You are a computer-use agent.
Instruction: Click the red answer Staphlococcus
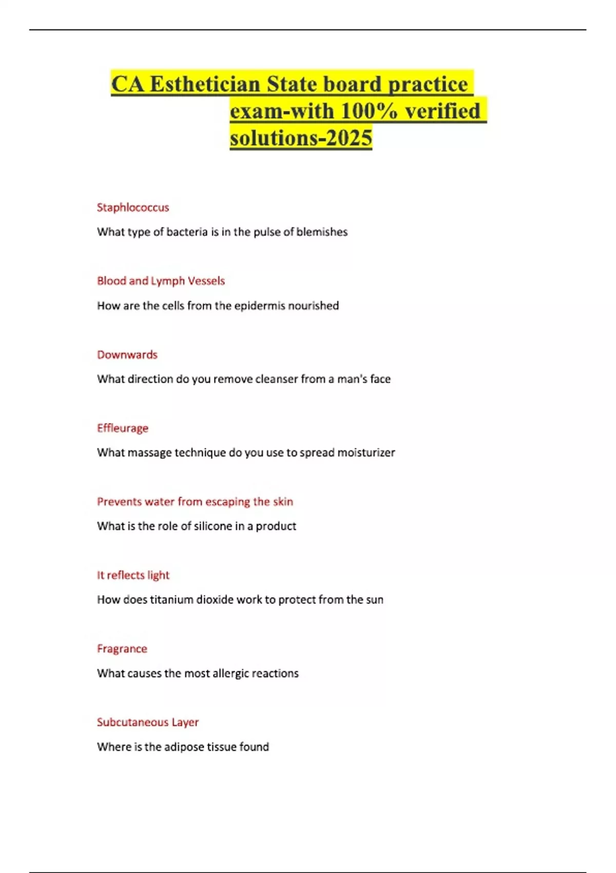[133, 207]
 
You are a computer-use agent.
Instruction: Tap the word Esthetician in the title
[205, 84]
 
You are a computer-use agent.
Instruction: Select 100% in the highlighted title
[369, 111]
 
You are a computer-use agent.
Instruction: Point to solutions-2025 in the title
[301, 138]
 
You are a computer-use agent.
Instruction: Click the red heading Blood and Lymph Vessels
[161, 281]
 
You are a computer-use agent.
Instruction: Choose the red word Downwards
[127, 355]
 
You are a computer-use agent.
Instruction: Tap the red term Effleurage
[123, 428]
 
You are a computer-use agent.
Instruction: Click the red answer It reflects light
[133, 575]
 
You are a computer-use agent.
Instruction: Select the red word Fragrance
[122, 649]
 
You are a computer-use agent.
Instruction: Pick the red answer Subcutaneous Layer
[148, 722]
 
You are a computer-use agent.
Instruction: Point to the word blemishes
[322, 232]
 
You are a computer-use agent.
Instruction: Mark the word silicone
[213, 526]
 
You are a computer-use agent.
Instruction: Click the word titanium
[171, 600]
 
